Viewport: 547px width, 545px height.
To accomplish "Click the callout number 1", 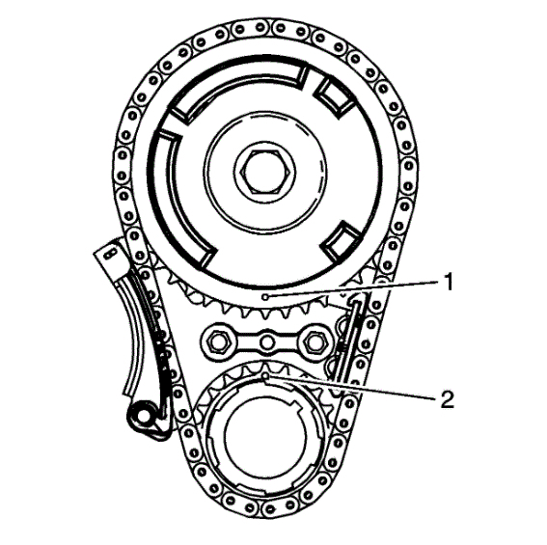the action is [449, 282].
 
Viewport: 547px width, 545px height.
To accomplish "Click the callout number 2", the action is [448, 399].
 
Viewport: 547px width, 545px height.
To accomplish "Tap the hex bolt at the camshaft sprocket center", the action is [265, 172].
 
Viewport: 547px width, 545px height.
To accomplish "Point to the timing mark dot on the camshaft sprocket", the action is [265, 297].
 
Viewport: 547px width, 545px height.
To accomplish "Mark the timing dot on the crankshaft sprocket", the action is [266, 376].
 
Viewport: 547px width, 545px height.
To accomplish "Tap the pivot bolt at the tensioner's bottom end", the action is [143, 415].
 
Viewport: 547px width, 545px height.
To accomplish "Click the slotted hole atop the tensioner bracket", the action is [111, 253].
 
